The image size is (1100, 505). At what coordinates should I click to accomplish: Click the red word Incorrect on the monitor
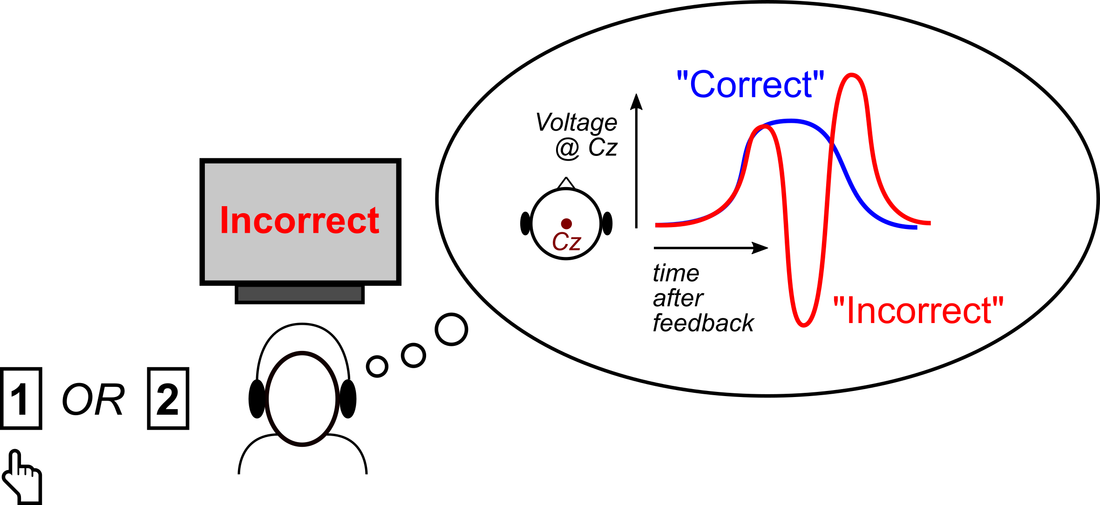point(299,220)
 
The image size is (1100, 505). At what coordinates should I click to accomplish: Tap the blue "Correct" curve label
point(750,85)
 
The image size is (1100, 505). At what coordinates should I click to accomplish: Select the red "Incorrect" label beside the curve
point(918,310)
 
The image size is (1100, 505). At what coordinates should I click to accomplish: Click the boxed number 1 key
point(21,398)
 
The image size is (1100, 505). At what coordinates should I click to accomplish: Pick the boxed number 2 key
point(168,398)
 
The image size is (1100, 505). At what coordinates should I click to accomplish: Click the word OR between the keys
point(93,400)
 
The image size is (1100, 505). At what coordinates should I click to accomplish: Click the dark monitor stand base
point(299,294)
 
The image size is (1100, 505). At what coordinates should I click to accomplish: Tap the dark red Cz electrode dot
point(566,223)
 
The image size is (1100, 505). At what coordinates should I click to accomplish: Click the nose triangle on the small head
point(566,183)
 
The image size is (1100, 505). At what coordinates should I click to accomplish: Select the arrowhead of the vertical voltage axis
point(636,101)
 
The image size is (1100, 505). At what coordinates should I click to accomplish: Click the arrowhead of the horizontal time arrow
point(760,248)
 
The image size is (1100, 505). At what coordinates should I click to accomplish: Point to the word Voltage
point(577,122)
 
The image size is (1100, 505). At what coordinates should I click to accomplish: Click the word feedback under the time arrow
point(703,323)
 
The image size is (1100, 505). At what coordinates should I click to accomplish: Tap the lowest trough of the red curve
point(803,325)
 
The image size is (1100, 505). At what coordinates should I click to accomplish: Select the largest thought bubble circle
point(451,329)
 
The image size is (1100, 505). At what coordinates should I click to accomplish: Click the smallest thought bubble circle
point(377,366)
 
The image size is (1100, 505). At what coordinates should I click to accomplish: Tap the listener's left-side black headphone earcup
point(257,399)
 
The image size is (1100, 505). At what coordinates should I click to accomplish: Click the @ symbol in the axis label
point(567,149)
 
